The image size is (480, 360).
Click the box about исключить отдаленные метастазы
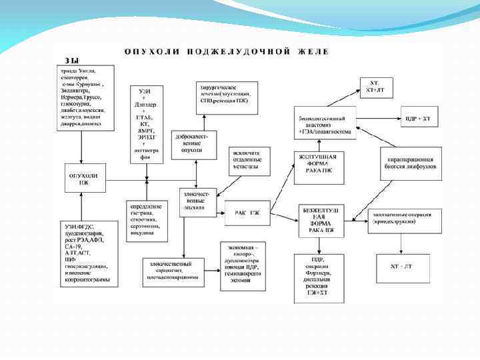click(249, 160)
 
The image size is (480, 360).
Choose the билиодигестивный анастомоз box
click(325, 125)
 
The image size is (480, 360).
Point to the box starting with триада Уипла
click(85, 97)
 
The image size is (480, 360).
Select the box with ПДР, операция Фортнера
click(318, 276)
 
